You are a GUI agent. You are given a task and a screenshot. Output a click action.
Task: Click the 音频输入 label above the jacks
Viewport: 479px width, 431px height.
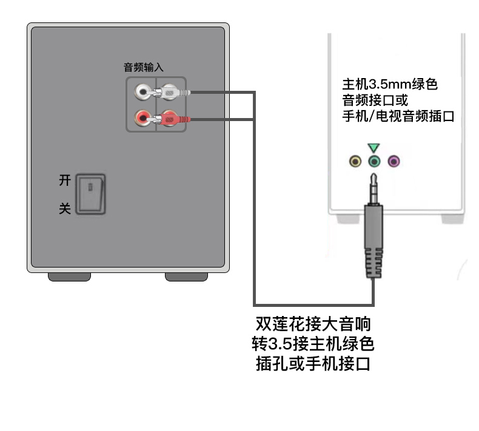point(144,67)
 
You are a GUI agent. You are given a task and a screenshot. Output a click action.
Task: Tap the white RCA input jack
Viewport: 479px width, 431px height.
point(142,92)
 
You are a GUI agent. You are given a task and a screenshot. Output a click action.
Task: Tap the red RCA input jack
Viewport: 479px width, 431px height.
point(142,118)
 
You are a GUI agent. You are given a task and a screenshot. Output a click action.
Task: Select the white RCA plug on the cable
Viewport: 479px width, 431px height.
point(170,92)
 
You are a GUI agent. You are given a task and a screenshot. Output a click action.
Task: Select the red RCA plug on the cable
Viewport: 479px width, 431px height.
point(170,119)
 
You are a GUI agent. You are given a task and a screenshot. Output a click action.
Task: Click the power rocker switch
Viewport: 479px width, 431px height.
point(90,194)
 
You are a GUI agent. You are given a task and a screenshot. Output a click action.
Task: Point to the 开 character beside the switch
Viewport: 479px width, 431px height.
point(65,180)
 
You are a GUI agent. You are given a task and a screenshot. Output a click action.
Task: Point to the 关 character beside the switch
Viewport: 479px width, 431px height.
point(65,209)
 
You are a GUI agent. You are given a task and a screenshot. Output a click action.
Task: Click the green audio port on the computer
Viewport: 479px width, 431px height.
point(374,161)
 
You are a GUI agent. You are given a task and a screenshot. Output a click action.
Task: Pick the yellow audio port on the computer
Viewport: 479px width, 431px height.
point(355,161)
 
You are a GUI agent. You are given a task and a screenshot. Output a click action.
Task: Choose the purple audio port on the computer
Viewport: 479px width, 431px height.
point(394,161)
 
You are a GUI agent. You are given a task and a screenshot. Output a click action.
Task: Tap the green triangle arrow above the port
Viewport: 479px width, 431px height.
point(373,148)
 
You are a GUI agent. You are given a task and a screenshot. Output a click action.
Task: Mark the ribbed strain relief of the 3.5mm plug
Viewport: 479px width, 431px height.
point(374,263)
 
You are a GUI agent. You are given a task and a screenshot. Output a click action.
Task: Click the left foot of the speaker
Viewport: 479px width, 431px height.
point(69,277)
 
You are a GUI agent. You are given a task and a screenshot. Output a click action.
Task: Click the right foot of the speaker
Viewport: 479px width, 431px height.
point(186,277)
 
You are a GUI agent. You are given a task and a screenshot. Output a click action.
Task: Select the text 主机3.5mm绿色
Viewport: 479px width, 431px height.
point(390,84)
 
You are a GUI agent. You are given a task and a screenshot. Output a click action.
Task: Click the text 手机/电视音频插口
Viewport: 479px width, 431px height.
point(398,116)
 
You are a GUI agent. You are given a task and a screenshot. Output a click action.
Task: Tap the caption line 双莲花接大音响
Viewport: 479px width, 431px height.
point(313,324)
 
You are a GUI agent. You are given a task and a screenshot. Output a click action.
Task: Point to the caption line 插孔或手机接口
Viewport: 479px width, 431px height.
point(313,364)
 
